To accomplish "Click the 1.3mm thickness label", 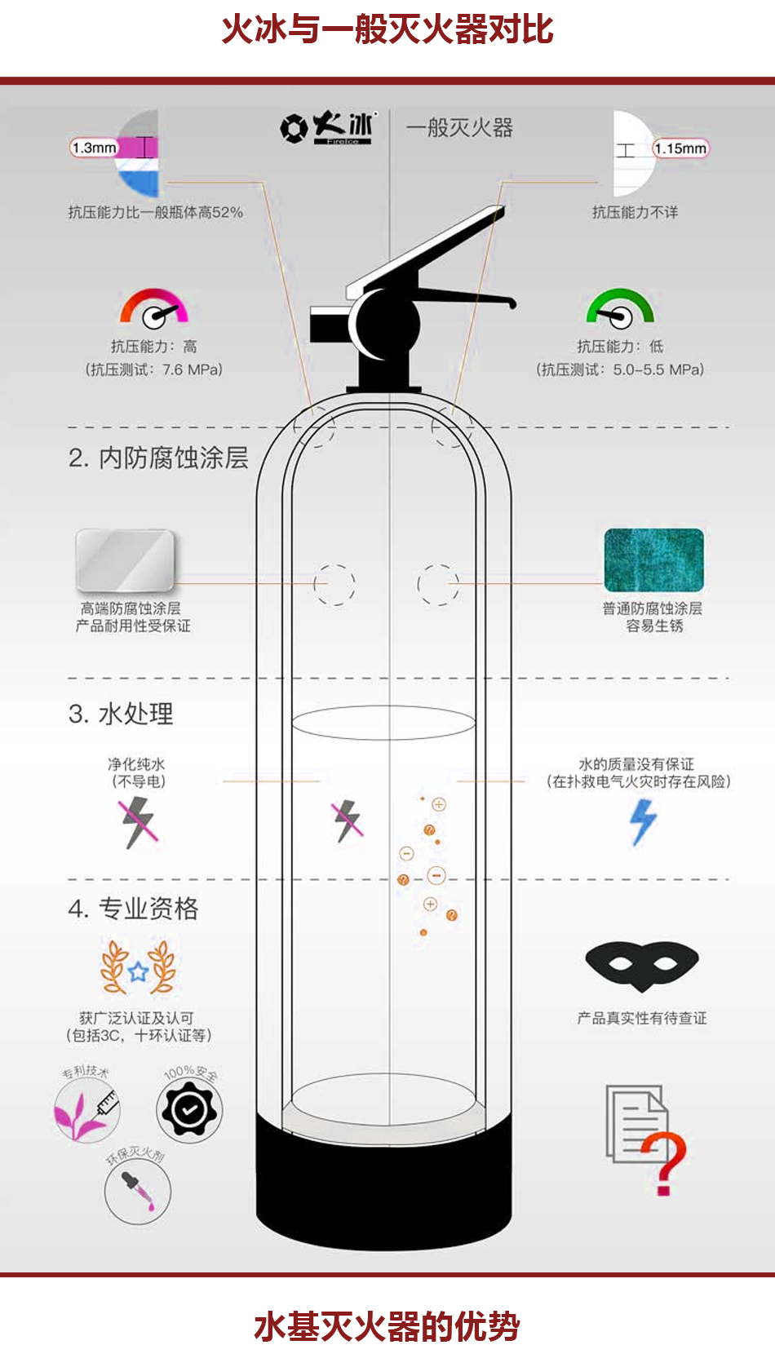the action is [93, 148].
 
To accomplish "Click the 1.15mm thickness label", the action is [680, 148].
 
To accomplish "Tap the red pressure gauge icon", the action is [154, 307].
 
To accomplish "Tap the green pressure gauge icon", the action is [620, 307].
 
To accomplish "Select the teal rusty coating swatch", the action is [653, 560].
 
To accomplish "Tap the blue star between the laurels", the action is [139, 971].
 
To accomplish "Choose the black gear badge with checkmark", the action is [189, 1110].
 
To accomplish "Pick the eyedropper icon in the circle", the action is [137, 1192].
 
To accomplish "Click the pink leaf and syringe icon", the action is [86, 1109].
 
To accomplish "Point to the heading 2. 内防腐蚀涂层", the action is [158, 458].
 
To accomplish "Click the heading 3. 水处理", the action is [121, 714].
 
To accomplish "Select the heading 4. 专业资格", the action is [133, 909].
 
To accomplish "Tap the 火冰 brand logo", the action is [328, 127].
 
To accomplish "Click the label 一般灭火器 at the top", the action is [459, 128].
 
